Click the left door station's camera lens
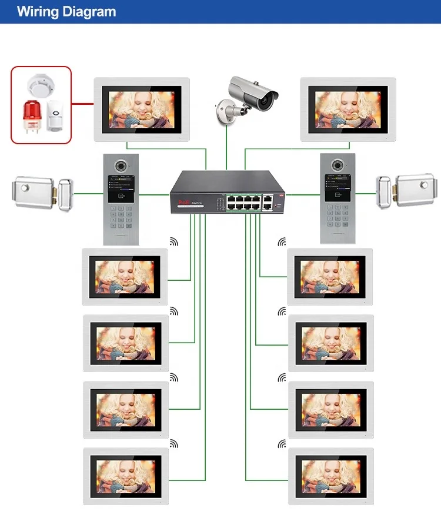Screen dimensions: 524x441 (121, 167)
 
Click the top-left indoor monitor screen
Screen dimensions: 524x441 (141, 108)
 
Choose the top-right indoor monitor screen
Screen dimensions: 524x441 (348, 108)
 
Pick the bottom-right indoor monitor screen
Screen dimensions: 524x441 (329, 476)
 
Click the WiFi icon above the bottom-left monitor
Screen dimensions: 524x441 (173, 442)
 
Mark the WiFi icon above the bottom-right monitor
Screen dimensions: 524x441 (282, 442)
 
